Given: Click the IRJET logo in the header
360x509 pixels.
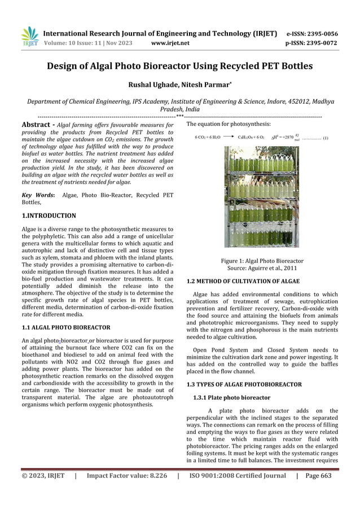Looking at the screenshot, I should coord(29,37).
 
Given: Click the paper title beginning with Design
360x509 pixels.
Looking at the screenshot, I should coord(179,69).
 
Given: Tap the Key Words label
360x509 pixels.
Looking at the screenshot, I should coord(38,195).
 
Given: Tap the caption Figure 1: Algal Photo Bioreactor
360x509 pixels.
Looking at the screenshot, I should coord(261,261).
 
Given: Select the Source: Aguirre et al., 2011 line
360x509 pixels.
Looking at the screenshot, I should coord(261,269).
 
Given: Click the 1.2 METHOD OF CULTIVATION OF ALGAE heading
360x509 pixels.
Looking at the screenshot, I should coord(243,281).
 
